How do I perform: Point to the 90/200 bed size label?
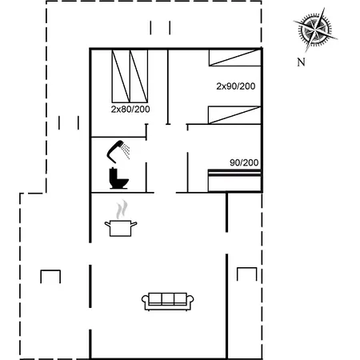pos(243,162)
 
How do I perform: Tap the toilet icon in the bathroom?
pos(118,178)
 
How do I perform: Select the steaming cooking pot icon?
pos(119,227)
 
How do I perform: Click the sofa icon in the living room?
pos(167,301)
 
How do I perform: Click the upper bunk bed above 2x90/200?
pos(235,58)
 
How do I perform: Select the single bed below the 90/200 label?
pos(234,180)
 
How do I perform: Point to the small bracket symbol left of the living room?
pos(51,276)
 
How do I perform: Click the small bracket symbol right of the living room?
pos(246,274)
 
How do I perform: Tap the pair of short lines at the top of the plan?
pos(160,28)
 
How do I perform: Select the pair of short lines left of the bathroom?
pos(70,122)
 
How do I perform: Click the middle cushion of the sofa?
pos(167,300)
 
